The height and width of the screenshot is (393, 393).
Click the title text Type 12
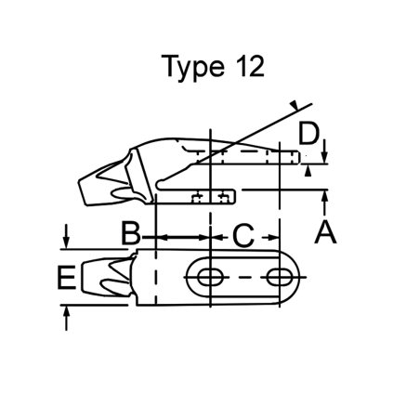pos(213,67)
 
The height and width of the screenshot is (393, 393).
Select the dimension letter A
pos(324,229)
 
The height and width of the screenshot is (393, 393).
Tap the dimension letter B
pos(133,232)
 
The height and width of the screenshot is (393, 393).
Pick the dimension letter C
pos(242,236)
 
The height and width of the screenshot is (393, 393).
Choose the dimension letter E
pos(65,277)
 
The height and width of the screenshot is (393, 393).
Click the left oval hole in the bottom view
pos(209,276)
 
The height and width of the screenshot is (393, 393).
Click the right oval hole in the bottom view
pos(276,276)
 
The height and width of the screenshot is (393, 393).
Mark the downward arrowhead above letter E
pos(66,242)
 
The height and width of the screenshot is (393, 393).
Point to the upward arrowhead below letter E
pos(66,312)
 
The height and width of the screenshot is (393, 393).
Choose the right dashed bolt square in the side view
pos(225,197)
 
